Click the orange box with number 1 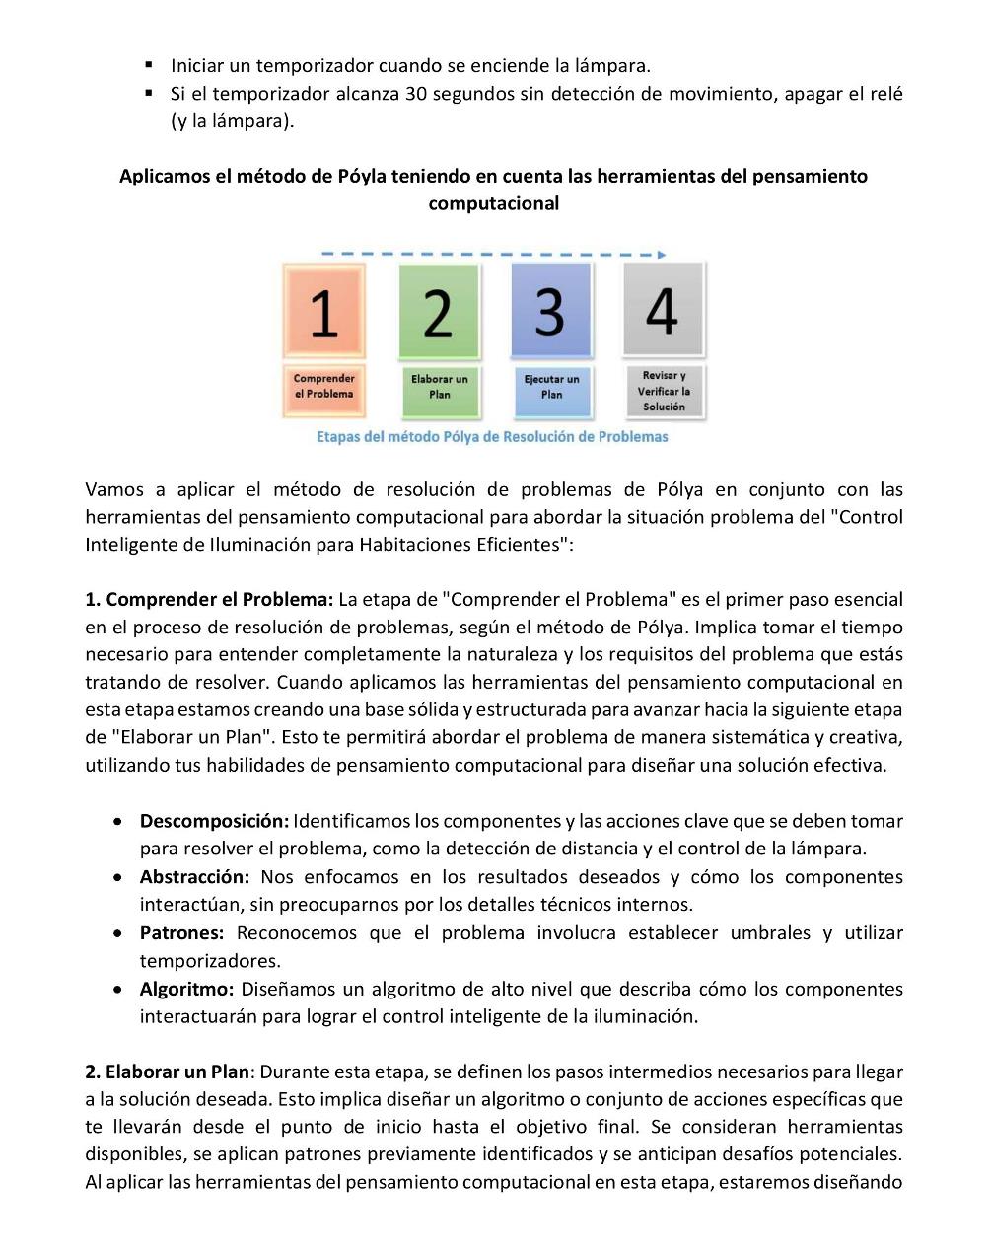324,311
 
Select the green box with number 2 439,312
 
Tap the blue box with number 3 551,310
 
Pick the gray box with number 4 663,309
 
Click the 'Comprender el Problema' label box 324,387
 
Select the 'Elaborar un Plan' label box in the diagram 439,387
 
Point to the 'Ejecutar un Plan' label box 551,387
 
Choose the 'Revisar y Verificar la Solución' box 663,391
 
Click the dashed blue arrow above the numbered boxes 493,255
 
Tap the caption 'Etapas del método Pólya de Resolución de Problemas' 492,436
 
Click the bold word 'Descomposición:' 214,821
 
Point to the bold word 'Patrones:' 182,932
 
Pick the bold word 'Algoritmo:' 186,989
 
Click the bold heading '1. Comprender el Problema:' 209,599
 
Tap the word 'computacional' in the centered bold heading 493,203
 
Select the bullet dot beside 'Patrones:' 118,932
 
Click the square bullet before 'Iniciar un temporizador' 149,65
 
